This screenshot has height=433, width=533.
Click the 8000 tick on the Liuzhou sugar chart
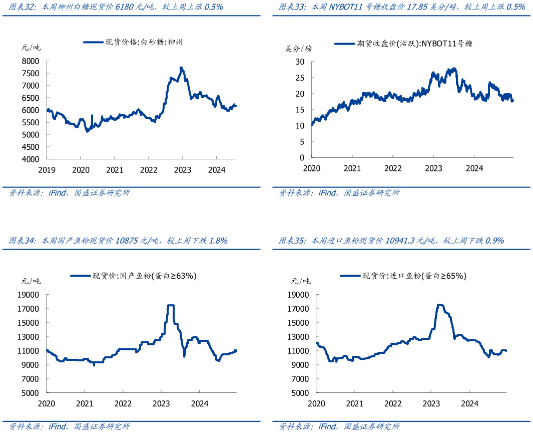pos(30,61)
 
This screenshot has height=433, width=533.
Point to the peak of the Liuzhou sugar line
pos(181,68)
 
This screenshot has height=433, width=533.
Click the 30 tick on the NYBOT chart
pos(300,62)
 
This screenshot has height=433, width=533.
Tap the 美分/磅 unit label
pos(298,49)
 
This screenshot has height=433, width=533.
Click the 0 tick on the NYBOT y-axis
pos(302,157)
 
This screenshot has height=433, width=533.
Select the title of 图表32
pos(116,7)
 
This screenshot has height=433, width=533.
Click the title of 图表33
pos(402,7)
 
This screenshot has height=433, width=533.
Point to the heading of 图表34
pos(118,241)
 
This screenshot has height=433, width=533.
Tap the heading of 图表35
pos(391,241)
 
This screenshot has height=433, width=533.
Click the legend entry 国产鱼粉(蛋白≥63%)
pos(134,275)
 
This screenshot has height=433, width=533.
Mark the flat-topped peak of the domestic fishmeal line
pos(170,305)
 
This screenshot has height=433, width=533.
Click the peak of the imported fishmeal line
pos(440,305)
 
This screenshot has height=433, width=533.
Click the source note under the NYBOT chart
pos(339,193)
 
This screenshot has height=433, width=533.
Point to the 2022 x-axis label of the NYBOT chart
pos(393,168)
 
